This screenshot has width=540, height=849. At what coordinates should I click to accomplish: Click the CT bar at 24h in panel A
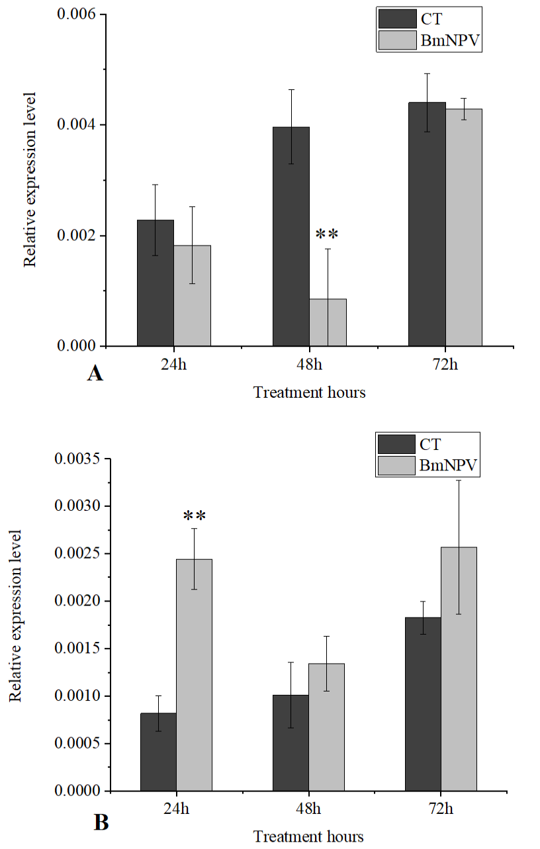click(156, 283)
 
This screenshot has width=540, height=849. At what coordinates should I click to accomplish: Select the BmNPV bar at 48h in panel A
click(328, 322)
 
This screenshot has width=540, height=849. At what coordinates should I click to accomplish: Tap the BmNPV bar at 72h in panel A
click(464, 228)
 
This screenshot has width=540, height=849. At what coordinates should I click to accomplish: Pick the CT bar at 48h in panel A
click(291, 236)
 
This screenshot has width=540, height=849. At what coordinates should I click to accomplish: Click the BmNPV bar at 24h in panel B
click(195, 675)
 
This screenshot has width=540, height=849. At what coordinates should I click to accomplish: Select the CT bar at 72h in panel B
click(423, 704)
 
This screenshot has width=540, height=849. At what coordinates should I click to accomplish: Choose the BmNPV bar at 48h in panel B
click(327, 727)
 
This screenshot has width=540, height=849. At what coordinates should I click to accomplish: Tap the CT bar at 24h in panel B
click(158, 752)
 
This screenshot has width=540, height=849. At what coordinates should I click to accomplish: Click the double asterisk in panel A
click(327, 234)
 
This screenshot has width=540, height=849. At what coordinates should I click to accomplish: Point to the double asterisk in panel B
click(195, 516)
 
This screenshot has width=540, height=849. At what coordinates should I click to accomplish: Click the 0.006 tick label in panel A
click(76, 14)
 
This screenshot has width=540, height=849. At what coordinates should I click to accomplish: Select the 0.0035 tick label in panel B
click(77, 459)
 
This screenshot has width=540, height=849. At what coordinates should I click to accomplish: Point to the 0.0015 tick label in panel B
click(77, 648)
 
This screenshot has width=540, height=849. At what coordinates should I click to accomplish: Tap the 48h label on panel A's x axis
click(310, 364)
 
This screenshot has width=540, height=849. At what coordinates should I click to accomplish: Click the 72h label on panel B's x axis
click(441, 809)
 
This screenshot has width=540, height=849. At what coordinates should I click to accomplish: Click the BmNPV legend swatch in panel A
click(398, 40)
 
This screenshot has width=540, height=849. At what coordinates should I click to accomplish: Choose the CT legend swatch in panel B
click(396, 444)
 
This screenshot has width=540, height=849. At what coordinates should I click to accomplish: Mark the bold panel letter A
click(95, 374)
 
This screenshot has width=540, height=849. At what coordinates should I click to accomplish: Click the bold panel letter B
click(101, 823)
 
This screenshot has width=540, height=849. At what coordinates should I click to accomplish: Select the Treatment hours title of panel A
click(310, 392)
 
